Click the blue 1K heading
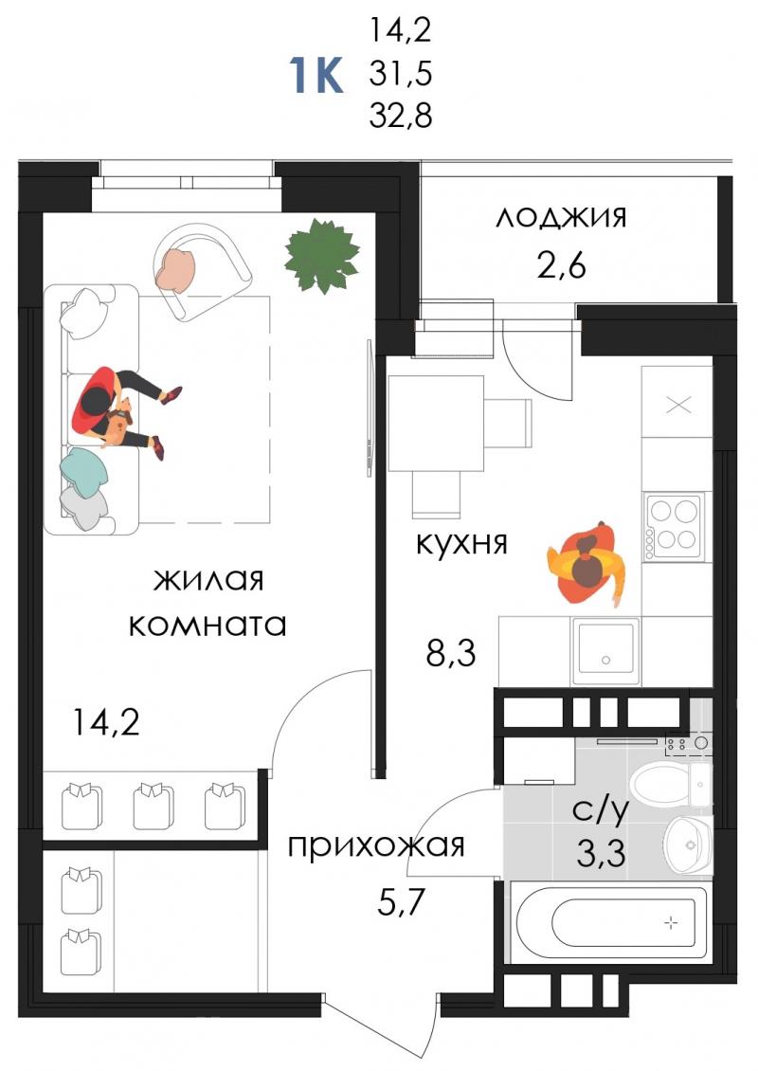coord(316,75)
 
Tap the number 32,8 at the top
coord(401,117)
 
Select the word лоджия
coord(561,217)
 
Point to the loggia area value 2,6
coord(561,265)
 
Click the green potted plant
coord(322,255)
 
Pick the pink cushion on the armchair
coord(176,268)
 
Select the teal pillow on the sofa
coord(83,469)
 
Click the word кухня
coord(462,544)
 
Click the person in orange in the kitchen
coord(587,564)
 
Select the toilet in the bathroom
coord(670,785)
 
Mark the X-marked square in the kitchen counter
coord(677,405)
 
